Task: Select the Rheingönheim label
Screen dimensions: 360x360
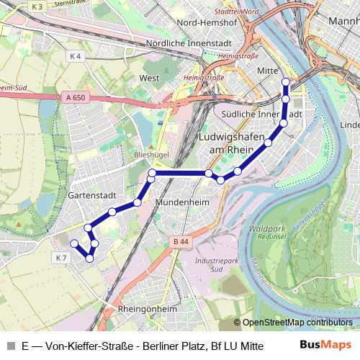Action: (146, 310)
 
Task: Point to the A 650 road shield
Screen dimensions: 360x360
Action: (74, 96)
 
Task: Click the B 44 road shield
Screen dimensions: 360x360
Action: (181, 241)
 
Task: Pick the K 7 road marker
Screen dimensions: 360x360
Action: (60, 257)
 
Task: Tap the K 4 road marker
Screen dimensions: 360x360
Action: (76, 55)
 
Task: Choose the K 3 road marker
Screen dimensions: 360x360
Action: (38, 6)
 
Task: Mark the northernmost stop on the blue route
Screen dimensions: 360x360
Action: (286, 81)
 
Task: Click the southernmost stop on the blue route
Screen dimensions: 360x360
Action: (89, 258)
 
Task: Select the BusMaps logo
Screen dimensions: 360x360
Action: (325, 344)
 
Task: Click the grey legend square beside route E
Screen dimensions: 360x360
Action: (10, 345)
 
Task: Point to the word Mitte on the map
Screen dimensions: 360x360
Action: (268, 71)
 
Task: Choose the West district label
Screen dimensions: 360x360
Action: (149, 77)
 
